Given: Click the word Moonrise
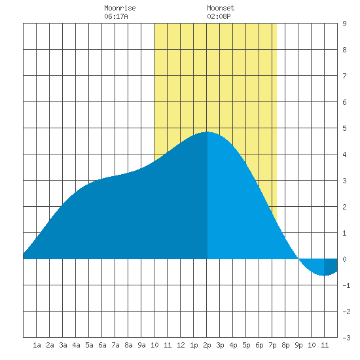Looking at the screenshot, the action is click(x=120, y=8).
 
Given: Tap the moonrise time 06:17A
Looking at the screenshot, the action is click(x=116, y=16).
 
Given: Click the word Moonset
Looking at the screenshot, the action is click(x=221, y=8).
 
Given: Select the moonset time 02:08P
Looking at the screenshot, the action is click(x=219, y=16).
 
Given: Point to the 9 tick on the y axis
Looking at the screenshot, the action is click(x=344, y=24).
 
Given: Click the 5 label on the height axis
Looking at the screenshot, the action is click(x=344, y=128).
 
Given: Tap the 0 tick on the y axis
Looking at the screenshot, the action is click(x=344, y=259).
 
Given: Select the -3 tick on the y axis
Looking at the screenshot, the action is click(x=346, y=338).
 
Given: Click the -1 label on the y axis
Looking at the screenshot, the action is click(x=346, y=285).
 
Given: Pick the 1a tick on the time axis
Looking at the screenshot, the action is click(x=37, y=345).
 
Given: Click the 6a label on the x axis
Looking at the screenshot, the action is click(x=102, y=345).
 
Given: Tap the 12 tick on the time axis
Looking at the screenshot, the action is click(x=181, y=345).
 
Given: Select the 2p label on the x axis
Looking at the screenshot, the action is click(x=207, y=345).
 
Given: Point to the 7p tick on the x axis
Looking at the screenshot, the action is click(x=272, y=345).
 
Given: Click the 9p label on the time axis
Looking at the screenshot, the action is click(x=298, y=345).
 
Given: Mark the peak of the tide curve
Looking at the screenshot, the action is click(x=207, y=132).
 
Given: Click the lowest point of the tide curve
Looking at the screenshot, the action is click(x=324, y=276).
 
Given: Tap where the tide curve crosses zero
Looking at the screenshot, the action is click(x=298, y=259).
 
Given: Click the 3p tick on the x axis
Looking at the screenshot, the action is click(x=220, y=345).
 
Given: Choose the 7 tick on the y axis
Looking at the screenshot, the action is click(x=344, y=76).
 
